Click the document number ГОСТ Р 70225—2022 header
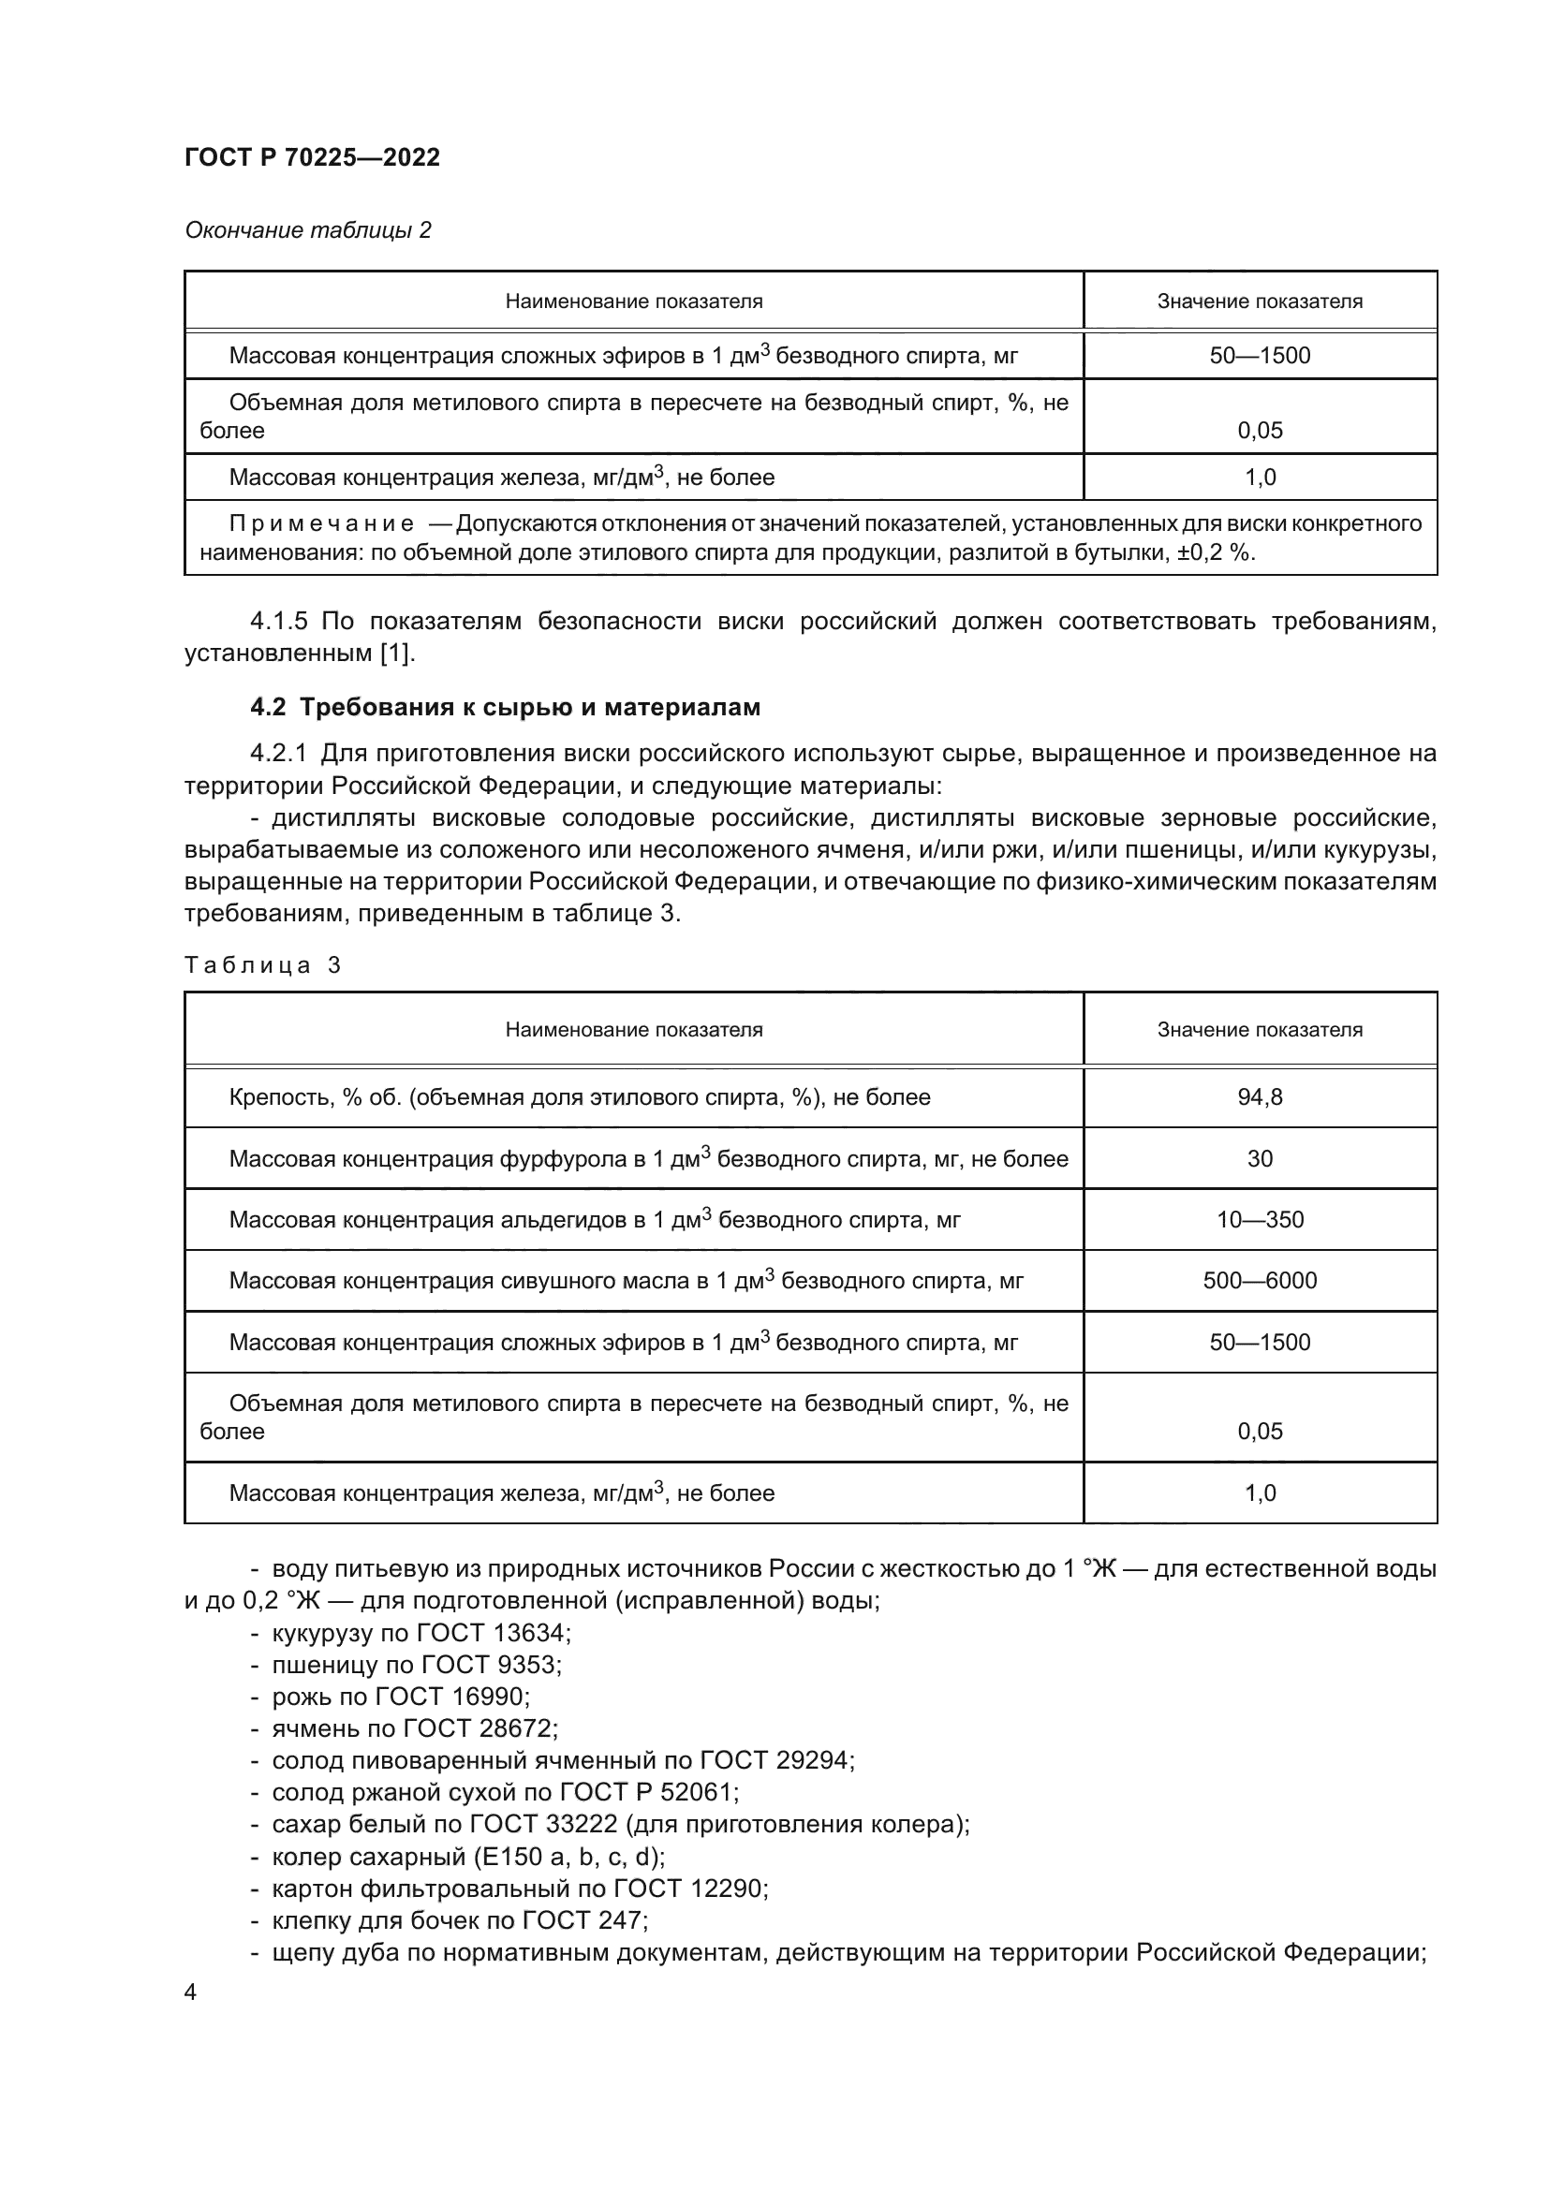click(x=312, y=157)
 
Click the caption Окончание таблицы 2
click(x=307, y=230)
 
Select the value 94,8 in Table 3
click(x=1259, y=1097)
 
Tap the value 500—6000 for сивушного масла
click(x=1259, y=1280)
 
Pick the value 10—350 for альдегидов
click(x=1259, y=1219)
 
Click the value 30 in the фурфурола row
click(x=1259, y=1158)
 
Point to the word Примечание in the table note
click(x=320, y=523)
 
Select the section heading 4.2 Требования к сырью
click(x=505, y=707)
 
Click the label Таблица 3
click(x=262, y=965)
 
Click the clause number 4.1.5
click(x=278, y=622)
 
